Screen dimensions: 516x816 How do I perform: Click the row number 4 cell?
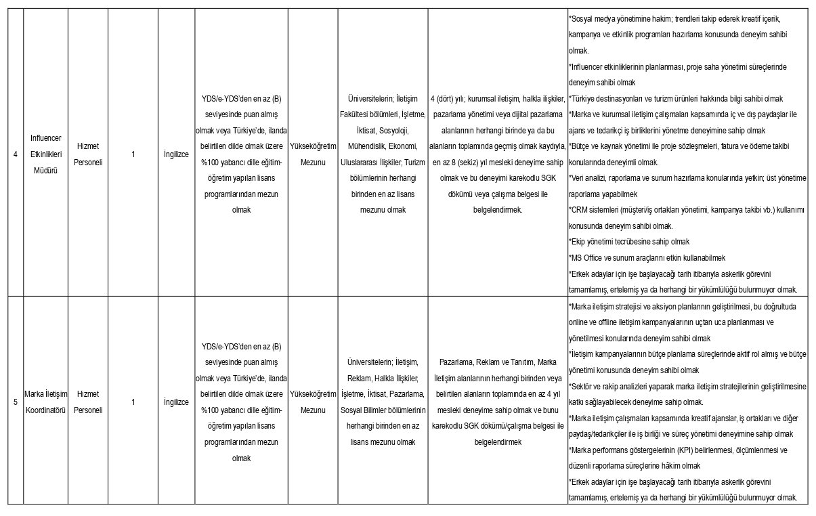15,154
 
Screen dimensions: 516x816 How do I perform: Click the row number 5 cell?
15,402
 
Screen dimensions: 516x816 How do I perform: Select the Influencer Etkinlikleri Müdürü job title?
45,154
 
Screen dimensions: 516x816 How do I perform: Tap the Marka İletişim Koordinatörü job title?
45,402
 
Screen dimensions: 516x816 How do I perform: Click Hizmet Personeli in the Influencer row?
88,154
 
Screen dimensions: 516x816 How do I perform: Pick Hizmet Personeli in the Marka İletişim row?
88,402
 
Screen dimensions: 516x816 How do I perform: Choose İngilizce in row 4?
176,154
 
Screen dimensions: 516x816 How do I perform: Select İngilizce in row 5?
176,402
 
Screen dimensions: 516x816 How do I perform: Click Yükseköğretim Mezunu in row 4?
312,154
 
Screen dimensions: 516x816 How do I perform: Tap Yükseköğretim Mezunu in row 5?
312,402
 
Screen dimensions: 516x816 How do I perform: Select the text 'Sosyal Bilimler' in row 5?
368,410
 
